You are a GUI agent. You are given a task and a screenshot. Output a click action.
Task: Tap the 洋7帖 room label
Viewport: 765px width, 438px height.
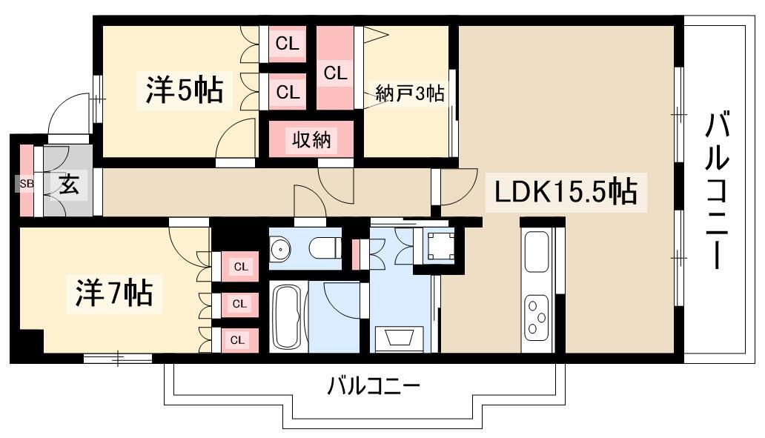[113, 293]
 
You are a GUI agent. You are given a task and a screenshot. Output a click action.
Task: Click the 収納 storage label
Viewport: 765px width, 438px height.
[311, 139]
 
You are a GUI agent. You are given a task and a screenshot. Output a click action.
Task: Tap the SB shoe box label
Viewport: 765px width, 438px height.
[26, 183]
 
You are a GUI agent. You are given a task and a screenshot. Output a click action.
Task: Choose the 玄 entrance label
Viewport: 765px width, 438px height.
[68, 183]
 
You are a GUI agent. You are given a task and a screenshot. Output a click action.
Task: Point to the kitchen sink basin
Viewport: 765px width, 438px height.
[537, 252]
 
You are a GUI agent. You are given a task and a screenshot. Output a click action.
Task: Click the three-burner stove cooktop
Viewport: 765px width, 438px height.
[537, 316]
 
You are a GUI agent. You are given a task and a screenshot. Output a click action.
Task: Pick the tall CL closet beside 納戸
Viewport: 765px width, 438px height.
[334, 73]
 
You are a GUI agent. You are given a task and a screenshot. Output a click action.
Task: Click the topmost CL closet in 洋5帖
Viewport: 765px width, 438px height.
[287, 44]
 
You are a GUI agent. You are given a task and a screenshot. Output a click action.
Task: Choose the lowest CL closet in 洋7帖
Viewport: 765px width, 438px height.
[238, 340]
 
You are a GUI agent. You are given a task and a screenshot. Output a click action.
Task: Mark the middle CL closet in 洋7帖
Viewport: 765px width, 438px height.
[239, 303]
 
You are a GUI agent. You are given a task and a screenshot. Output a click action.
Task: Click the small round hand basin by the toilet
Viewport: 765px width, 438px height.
[280, 250]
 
